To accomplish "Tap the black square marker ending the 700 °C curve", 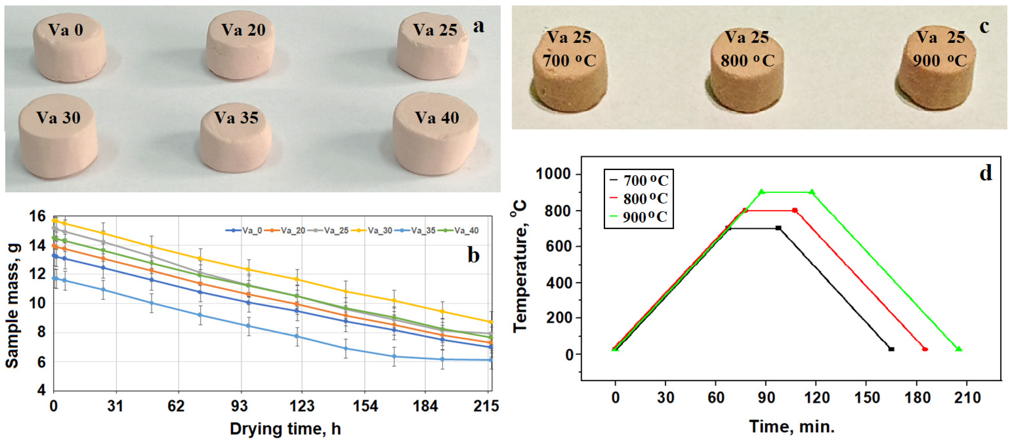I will [891, 349].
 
